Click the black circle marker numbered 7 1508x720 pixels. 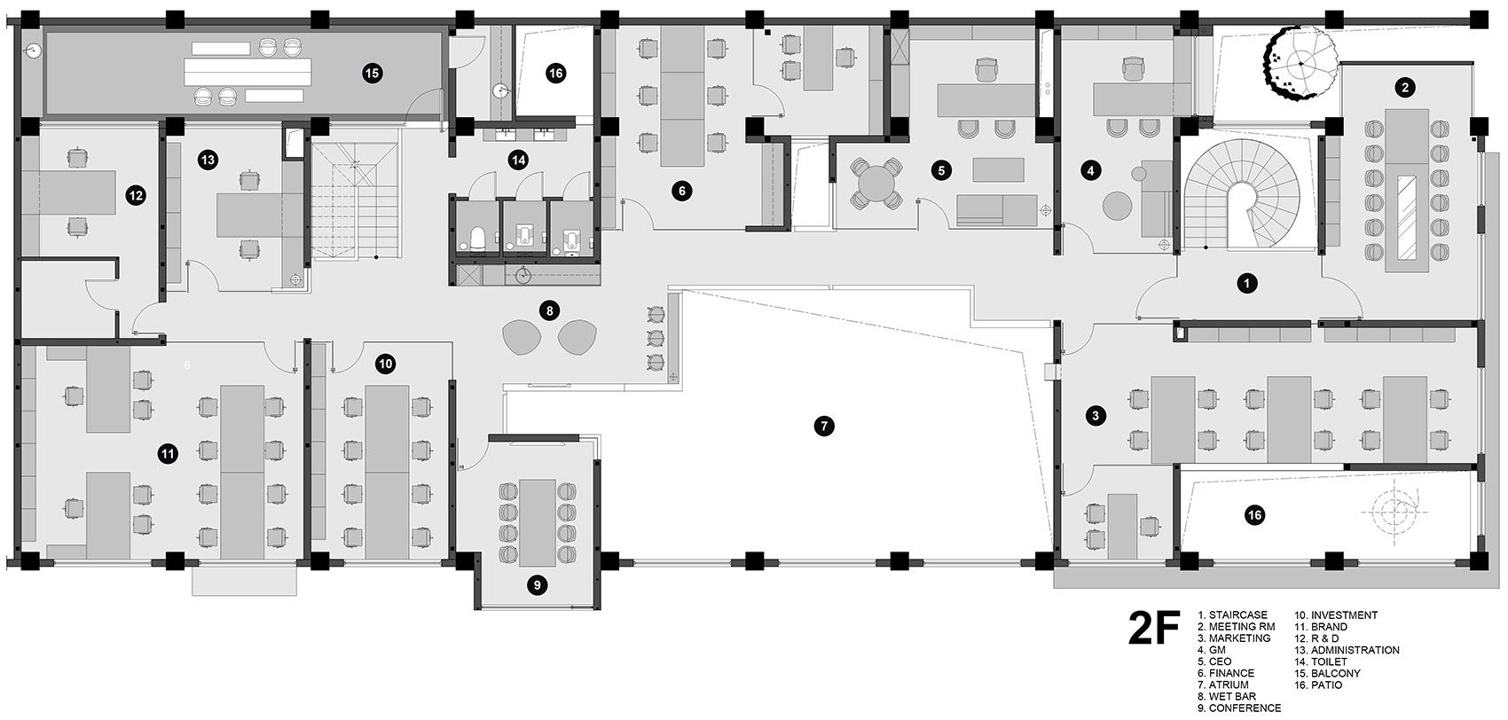823,426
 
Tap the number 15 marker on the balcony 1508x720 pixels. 373,74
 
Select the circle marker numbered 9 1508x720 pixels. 537,585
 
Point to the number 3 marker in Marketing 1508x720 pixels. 1096,416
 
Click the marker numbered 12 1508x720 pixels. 136,196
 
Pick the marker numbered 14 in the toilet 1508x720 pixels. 518,160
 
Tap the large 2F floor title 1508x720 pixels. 1154,628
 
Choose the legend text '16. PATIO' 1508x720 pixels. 1318,685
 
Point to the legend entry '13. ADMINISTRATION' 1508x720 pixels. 1347,650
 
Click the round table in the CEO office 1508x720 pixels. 876,183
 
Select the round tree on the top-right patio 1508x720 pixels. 1300,63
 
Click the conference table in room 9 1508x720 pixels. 538,523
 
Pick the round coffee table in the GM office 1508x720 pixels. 1118,205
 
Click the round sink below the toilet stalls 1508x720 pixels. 523,275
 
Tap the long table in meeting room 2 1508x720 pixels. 1407,191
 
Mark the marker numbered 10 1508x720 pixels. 385,364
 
